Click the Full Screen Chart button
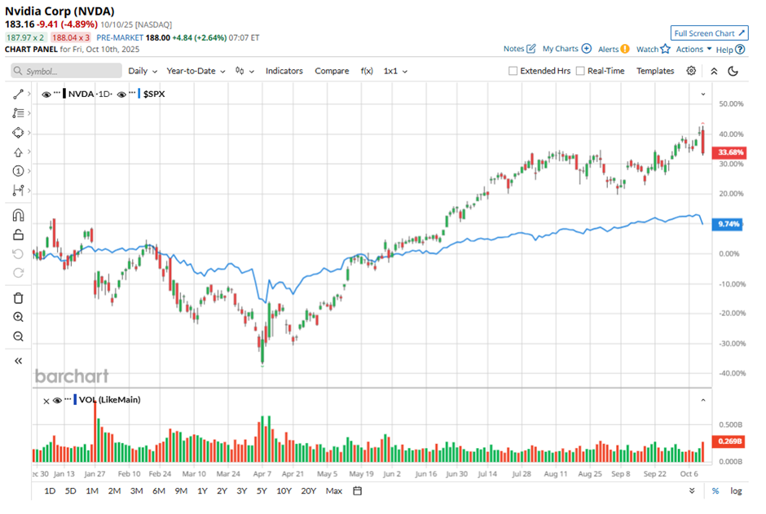[x=709, y=33]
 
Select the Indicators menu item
[x=284, y=71]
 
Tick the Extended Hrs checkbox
[x=513, y=71]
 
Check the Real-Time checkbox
[x=580, y=71]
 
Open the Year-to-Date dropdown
[x=196, y=71]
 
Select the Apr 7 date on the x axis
[x=262, y=473]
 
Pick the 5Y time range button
[x=262, y=490]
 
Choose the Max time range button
[x=333, y=490]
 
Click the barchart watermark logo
[x=71, y=376]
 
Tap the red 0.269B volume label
[x=728, y=442]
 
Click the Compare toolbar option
[x=332, y=71]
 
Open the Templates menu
[x=655, y=71]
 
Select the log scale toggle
[x=737, y=491]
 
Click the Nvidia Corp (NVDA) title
[x=59, y=11]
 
